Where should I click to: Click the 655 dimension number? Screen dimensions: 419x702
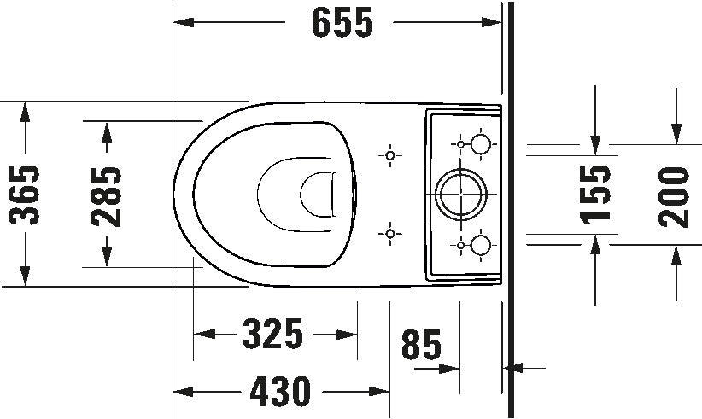342,23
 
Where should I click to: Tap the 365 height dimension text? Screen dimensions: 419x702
26,195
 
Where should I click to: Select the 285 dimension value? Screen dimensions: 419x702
106,195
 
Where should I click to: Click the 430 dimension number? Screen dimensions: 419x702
281,393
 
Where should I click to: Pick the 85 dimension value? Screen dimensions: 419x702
421,346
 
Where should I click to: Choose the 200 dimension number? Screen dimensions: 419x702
676,195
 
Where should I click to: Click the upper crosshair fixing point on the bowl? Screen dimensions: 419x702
391,155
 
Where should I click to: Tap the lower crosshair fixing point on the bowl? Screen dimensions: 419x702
391,233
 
